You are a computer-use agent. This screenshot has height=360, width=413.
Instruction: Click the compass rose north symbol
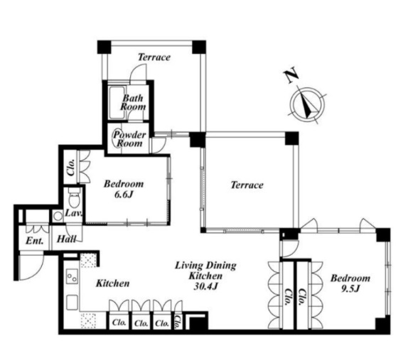(x=307, y=104)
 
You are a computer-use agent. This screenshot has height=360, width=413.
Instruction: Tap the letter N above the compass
(x=291, y=75)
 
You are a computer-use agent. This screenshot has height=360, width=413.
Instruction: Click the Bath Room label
(x=133, y=102)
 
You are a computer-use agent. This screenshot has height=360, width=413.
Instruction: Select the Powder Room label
(x=129, y=139)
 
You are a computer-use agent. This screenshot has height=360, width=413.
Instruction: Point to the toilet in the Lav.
(x=74, y=197)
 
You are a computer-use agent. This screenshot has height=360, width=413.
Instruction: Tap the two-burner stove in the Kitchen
(x=72, y=276)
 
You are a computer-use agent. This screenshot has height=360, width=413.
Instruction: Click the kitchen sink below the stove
(x=72, y=302)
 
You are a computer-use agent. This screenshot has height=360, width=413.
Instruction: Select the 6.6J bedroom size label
(x=124, y=195)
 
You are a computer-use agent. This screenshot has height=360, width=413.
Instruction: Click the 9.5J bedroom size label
(x=350, y=289)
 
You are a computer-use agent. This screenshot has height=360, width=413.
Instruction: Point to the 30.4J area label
(x=205, y=286)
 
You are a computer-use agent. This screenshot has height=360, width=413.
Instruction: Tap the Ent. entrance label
(x=35, y=241)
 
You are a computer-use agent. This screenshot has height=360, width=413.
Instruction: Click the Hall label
(x=67, y=239)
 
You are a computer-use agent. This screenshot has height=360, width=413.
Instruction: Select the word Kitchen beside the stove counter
(x=113, y=283)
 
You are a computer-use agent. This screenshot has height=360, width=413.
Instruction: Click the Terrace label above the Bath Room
(x=154, y=57)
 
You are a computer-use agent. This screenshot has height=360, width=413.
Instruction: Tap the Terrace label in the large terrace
(x=247, y=185)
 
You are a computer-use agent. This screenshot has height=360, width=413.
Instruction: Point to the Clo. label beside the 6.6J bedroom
(x=71, y=168)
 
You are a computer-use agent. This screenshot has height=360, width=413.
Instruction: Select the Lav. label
(x=74, y=212)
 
